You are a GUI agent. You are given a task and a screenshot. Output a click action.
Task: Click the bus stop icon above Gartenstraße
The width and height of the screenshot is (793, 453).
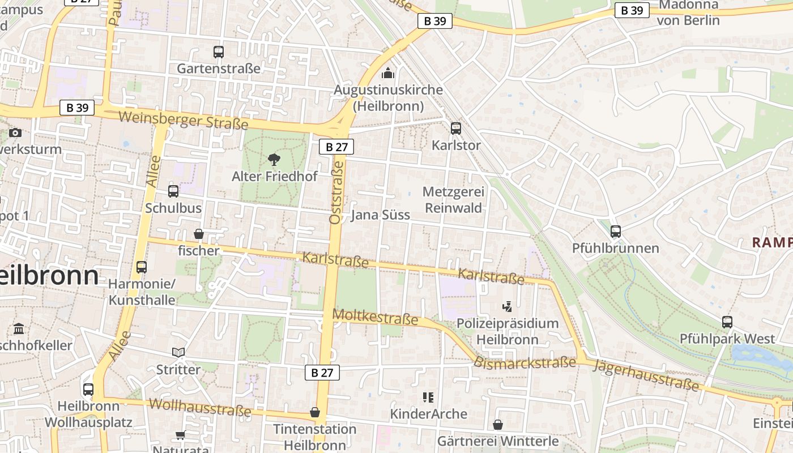click(x=219, y=52)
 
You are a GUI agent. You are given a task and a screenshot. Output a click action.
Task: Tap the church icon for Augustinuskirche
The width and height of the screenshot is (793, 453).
click(x=387, y=73)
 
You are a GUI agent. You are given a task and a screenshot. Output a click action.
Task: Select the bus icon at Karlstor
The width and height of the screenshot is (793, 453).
click(x=456, y=129)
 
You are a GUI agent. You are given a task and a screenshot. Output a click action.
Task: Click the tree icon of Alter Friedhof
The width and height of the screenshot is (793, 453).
click(x=274, y=159)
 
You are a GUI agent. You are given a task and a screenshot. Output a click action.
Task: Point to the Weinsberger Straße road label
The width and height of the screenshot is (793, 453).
click(x=184, y=121)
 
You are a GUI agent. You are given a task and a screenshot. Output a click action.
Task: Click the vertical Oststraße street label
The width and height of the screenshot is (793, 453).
click(x=336, y=192)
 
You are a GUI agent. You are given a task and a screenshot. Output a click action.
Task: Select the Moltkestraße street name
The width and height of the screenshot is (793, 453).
click(x=376, y=317)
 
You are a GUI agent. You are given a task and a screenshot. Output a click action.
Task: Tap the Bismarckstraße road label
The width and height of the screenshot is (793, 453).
click(x=525, y=363)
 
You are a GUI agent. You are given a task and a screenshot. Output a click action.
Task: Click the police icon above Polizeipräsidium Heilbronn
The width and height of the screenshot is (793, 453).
click(x=508, y=307)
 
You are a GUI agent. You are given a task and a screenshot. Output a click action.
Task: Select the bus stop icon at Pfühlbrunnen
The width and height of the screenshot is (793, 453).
click(x=616, y=232)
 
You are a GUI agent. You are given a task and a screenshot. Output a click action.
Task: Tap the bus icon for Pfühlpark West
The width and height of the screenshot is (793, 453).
click(x=727, y=322)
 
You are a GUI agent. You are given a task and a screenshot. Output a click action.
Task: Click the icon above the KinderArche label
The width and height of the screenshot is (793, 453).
click(x=428, y=398)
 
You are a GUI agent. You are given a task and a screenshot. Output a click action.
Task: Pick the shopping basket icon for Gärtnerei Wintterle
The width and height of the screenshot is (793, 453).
click(x=498, y=424)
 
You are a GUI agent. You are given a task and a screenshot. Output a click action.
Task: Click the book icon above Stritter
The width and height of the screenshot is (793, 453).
click(x=178, y=353)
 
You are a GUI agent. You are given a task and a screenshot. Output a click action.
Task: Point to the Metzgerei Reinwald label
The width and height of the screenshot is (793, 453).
click(x=453, y=200)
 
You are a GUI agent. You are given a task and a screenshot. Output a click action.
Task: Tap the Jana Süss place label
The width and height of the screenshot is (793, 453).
click(x=380, y=215)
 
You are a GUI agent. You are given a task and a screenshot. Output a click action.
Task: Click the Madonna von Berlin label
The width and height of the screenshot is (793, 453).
click(x=688, y=12)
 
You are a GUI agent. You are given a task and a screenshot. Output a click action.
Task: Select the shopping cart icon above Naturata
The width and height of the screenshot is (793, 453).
click(x=180, y=435)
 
